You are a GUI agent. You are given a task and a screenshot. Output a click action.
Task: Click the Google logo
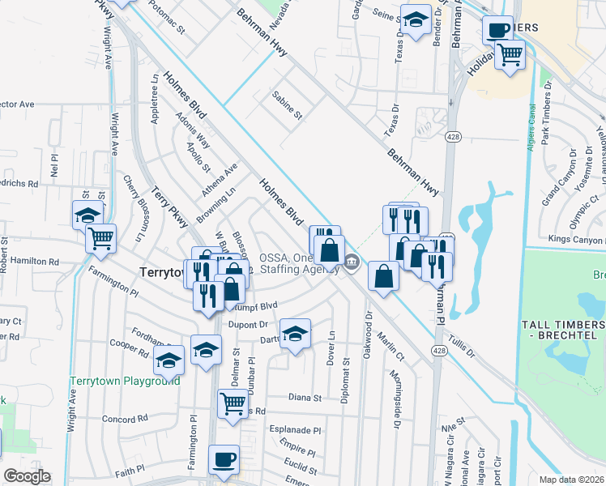click(27, 476)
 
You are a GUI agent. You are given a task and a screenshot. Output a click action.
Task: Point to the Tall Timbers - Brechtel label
click(563, 329)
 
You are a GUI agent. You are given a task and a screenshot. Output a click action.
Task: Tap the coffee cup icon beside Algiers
click(497, 31)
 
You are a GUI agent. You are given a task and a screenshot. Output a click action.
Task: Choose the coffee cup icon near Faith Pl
click(224, 459)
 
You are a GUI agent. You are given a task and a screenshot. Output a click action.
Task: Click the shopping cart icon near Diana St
click(233, 401)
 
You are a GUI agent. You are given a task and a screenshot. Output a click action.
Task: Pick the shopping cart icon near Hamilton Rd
click(101, 237)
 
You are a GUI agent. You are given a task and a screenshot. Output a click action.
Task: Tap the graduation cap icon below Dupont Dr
click(296, 334)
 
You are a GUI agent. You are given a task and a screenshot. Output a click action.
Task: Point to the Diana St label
click(305, 398)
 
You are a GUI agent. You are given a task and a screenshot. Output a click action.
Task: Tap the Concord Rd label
click(125, 419)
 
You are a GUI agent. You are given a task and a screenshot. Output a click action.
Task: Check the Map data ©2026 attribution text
click(571, 480)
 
